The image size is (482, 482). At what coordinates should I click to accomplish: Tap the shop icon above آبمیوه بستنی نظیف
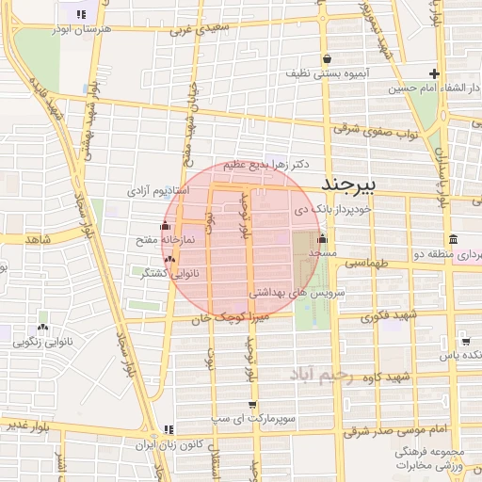tap(326, 58)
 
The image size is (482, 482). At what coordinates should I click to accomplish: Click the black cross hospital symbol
tap(434, 73)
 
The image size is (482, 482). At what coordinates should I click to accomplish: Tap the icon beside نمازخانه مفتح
tap(166, 226)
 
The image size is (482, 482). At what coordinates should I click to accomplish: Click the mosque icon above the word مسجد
tap(323, 238)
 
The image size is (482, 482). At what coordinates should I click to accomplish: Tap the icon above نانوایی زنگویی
tap(43, 326)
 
